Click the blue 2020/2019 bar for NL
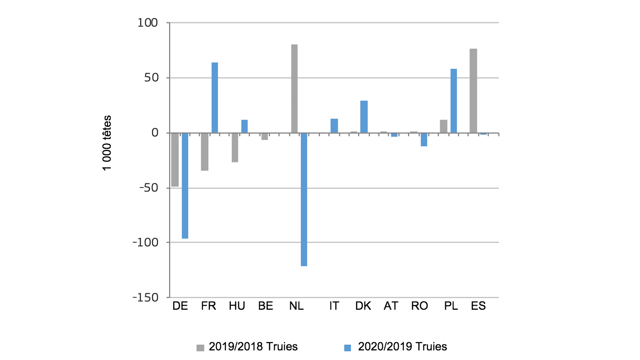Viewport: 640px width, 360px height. pos(304,199)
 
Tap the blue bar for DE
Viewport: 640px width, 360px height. pos(185,185)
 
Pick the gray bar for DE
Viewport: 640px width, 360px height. pos(175,159)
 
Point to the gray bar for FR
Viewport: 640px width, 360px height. pos(204,152)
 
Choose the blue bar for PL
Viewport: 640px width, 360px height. pos(453,101)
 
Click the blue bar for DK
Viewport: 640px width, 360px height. pos(364,117)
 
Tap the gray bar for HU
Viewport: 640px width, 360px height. pos(235,148)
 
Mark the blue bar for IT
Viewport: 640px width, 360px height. pos(334,126)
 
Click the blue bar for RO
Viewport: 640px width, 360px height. pos(424,139)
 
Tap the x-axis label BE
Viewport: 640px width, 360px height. pos(265,306)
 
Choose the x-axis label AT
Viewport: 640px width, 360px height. pos(391,306)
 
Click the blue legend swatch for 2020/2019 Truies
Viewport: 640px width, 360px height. pos(347,348)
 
